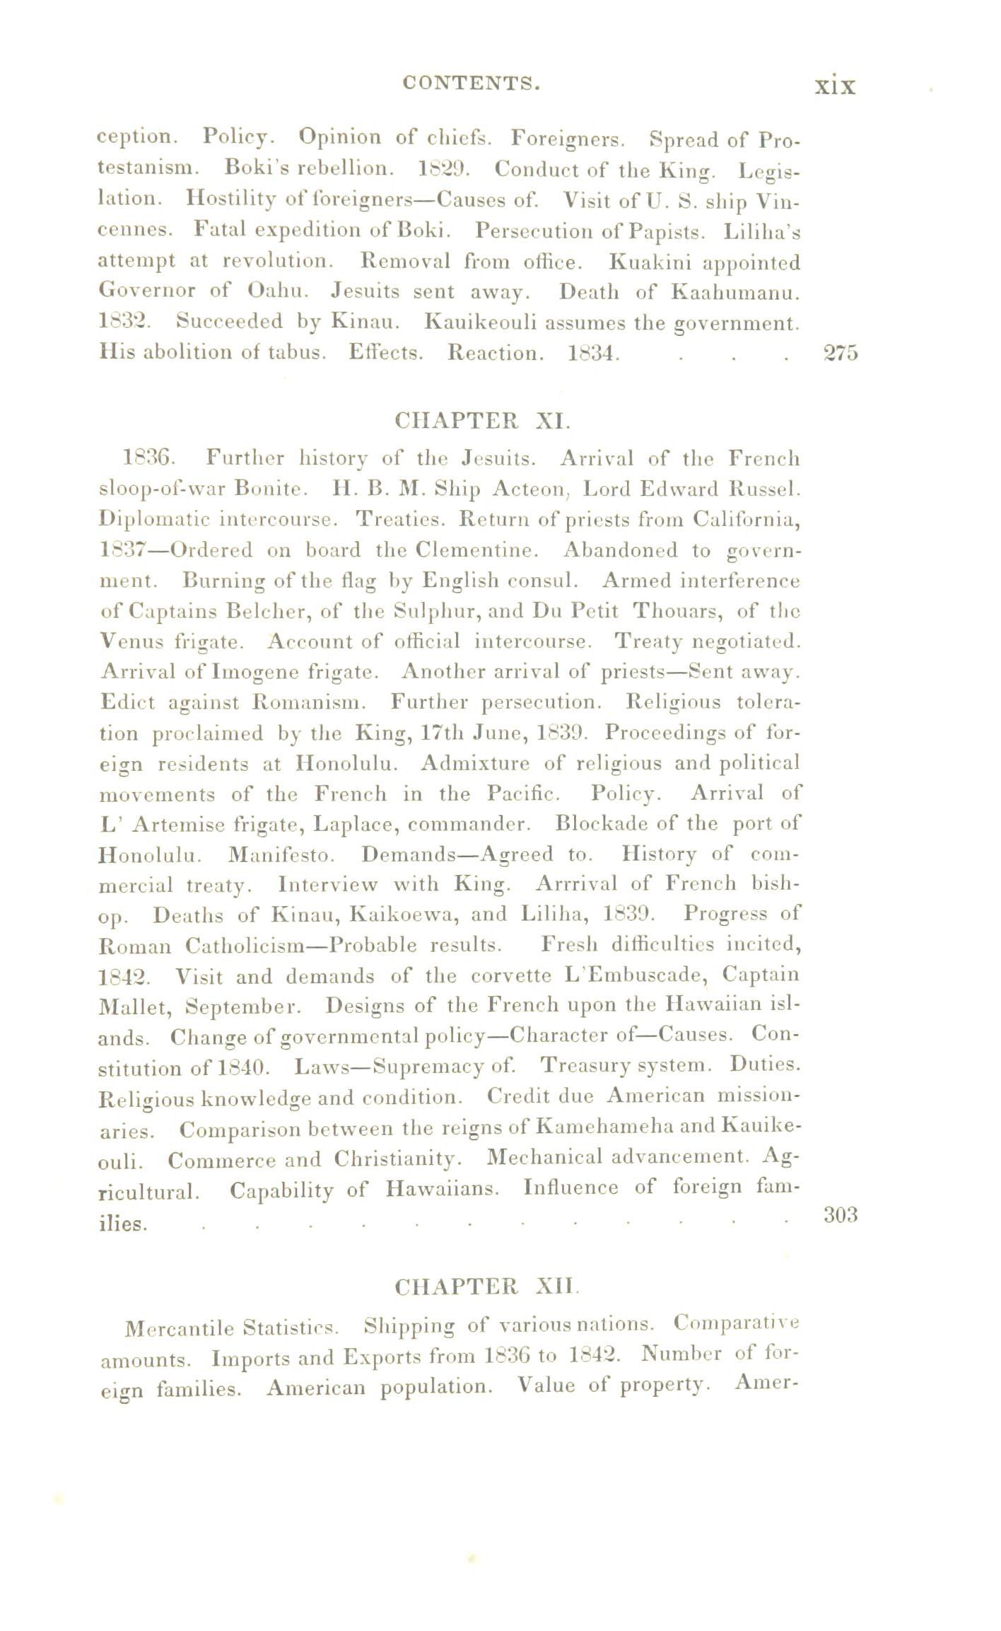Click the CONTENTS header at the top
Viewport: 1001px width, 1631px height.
pos(471,83)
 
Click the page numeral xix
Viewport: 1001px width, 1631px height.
pos(835,86)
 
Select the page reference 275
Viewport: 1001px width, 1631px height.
pos(841,352)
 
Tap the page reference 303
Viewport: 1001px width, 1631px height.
pos(841,1214)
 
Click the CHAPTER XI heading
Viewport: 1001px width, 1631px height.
pos(481,422)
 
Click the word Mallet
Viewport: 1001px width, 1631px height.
pos(135,1006)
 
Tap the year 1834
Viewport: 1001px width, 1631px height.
pos(593,352)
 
